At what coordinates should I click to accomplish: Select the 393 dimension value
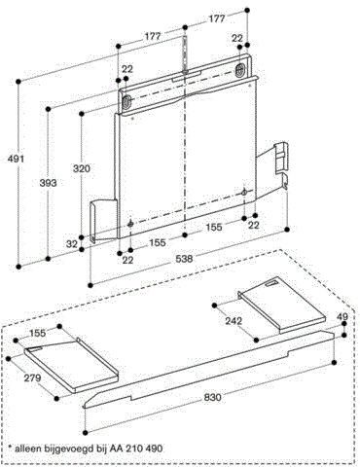click(46, 182)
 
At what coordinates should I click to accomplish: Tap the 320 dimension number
click(82, 169)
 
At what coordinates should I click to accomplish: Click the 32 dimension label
click(71, 243)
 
